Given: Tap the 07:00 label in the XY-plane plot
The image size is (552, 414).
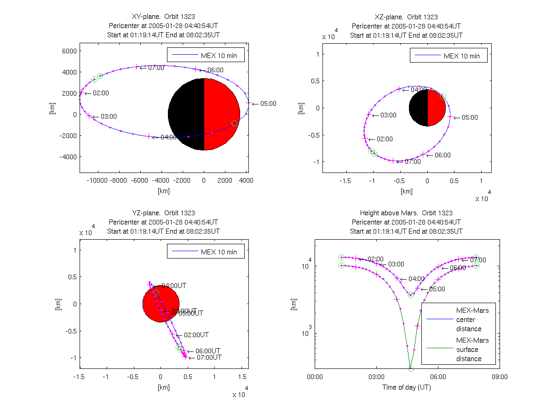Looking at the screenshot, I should pos(156,68).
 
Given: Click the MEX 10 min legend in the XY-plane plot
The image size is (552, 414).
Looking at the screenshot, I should pos(205,56).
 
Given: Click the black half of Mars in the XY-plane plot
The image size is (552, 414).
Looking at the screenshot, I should pos(186,114).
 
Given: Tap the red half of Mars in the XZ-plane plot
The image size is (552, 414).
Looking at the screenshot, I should pos(436,108).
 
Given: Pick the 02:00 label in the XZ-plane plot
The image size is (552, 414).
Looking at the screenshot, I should pos(385,139).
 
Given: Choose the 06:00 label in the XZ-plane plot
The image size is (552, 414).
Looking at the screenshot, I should pos(443,155).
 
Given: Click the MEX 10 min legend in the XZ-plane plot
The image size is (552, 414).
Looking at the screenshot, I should pos(448,56).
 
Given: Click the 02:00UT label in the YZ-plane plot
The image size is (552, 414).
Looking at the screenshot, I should pos(196,335).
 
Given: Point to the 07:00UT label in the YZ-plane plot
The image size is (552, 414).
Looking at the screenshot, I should pos(209,357).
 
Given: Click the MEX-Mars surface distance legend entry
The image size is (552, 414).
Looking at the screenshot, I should pos(472,350).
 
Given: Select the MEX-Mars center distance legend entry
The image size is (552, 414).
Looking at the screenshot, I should pos(472,320).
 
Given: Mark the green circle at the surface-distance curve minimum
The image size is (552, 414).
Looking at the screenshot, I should pos(411,368).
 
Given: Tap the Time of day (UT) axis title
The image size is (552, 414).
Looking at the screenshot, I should pos(407,387).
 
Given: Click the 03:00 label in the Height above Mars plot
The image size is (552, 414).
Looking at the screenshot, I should pos(396,264).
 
